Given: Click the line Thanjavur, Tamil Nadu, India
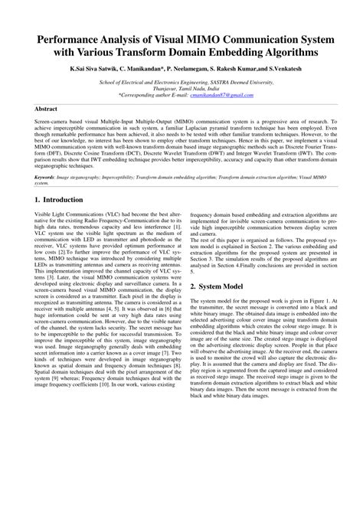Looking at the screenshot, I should pos(181,88).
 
